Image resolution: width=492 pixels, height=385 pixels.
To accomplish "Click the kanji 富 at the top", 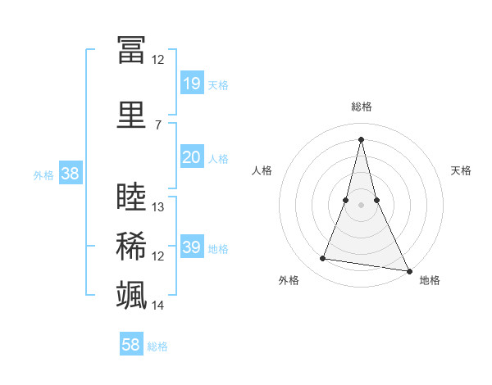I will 131,51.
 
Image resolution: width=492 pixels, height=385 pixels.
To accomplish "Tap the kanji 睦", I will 131,197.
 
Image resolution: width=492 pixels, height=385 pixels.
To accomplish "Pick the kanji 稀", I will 131,246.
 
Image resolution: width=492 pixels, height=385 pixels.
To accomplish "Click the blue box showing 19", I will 191,84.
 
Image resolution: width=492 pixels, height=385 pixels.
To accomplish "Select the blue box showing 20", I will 191,157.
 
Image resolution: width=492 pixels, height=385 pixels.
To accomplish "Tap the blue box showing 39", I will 191,247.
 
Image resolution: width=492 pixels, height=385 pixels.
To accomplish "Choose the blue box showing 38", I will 70,173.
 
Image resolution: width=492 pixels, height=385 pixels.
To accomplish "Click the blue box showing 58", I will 131,345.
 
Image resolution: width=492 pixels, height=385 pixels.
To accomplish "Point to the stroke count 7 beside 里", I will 157,125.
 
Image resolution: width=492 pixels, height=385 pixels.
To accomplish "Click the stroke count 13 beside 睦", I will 158,207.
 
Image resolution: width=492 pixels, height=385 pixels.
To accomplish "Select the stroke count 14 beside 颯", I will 158,306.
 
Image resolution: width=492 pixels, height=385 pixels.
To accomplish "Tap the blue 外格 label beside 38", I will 43,174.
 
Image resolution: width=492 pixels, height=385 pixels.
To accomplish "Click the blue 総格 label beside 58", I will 157,346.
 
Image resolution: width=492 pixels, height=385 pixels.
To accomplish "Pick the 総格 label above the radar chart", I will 362,106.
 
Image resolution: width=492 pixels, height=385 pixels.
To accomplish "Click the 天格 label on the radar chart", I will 461,170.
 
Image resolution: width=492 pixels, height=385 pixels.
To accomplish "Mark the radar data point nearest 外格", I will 323,259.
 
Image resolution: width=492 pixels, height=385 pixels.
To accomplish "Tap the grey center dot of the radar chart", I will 362,205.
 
